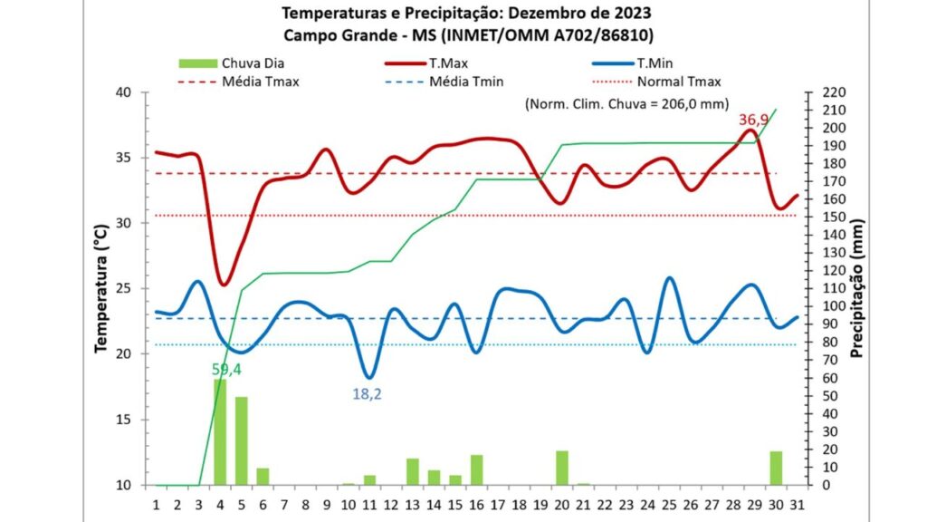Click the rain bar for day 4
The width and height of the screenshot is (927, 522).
pos(220,432)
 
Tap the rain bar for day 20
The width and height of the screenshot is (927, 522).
pos(562,468)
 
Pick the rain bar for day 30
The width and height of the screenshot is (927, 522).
pos(776,468)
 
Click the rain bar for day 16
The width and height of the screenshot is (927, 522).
pos(477,469)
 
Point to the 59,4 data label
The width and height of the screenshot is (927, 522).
pos(226,369)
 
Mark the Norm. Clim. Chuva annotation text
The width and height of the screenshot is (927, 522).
pos(626,104)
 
